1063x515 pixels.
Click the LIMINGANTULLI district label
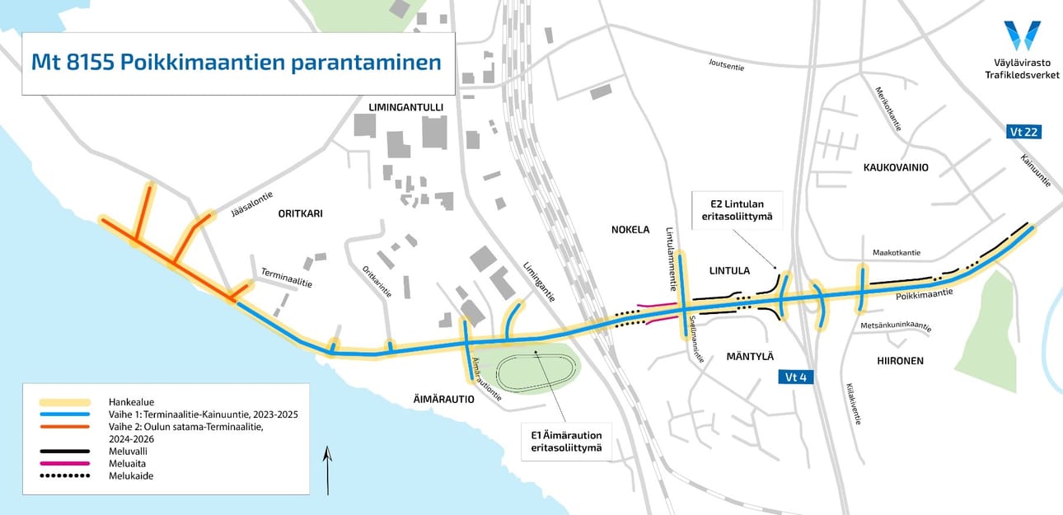[x=407, y=108]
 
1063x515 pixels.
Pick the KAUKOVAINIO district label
[x=896, y=167]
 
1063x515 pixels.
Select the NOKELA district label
[x=630, y=229]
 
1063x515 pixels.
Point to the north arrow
[x=328, y=470]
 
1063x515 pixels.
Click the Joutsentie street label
[x=726, y=65]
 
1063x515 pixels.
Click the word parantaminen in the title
[x=366, y=63]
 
